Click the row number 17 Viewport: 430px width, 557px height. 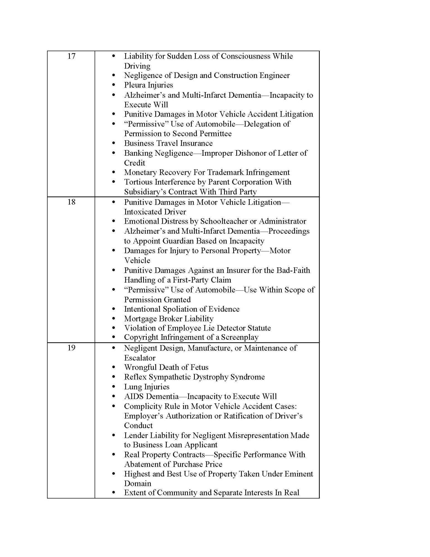coord(72,56)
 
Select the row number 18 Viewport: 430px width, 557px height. coord(72,202)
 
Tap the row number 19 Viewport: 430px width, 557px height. coord(72,348)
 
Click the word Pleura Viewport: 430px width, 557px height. coord(135,85)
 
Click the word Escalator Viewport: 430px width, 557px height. coord(140,358)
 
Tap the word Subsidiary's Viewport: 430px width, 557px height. coord(145,192)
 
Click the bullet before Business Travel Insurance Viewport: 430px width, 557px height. coord(113,143)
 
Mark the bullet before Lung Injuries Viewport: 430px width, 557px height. coord(113,387)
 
